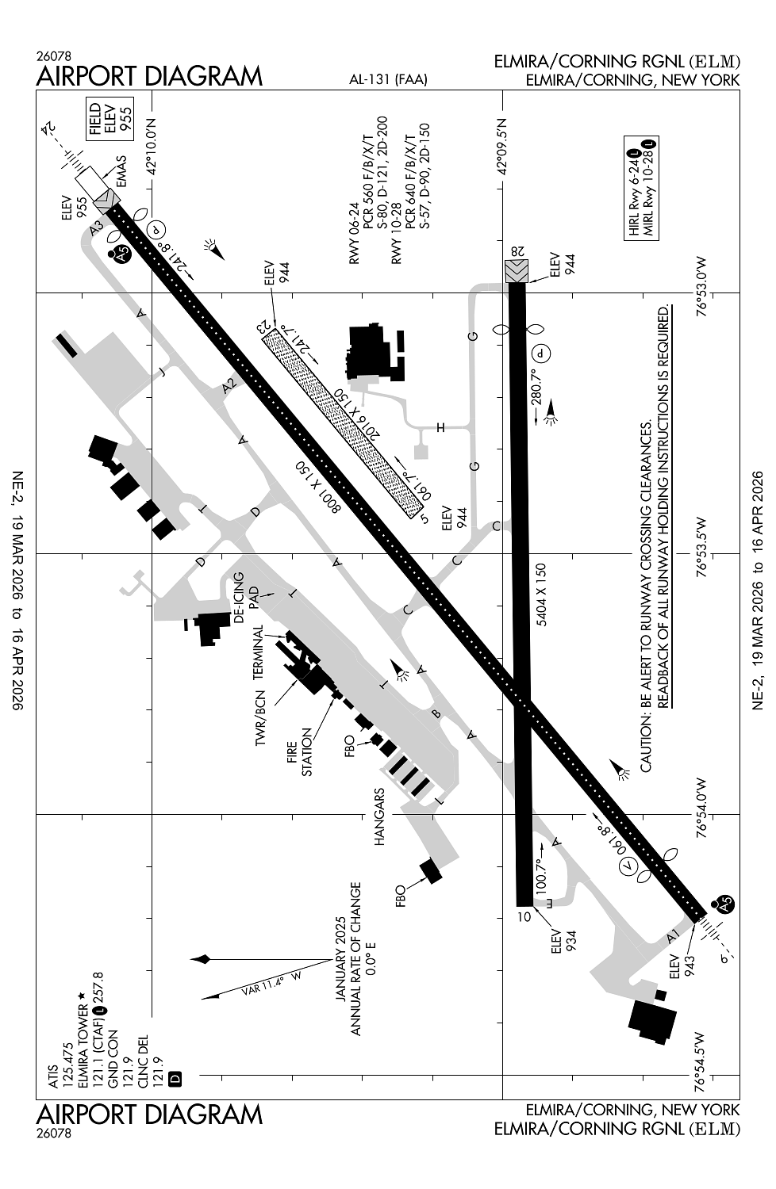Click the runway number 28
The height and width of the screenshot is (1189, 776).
517,251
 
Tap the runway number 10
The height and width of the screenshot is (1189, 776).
524,918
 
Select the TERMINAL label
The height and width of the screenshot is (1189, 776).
257,652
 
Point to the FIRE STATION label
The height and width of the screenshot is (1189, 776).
299,759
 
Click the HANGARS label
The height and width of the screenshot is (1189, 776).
379,816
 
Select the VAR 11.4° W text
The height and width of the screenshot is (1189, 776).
271,983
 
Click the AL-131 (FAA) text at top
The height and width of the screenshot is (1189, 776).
388,79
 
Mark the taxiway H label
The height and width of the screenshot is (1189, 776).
440,428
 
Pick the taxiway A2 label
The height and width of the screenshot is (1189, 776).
230,386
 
